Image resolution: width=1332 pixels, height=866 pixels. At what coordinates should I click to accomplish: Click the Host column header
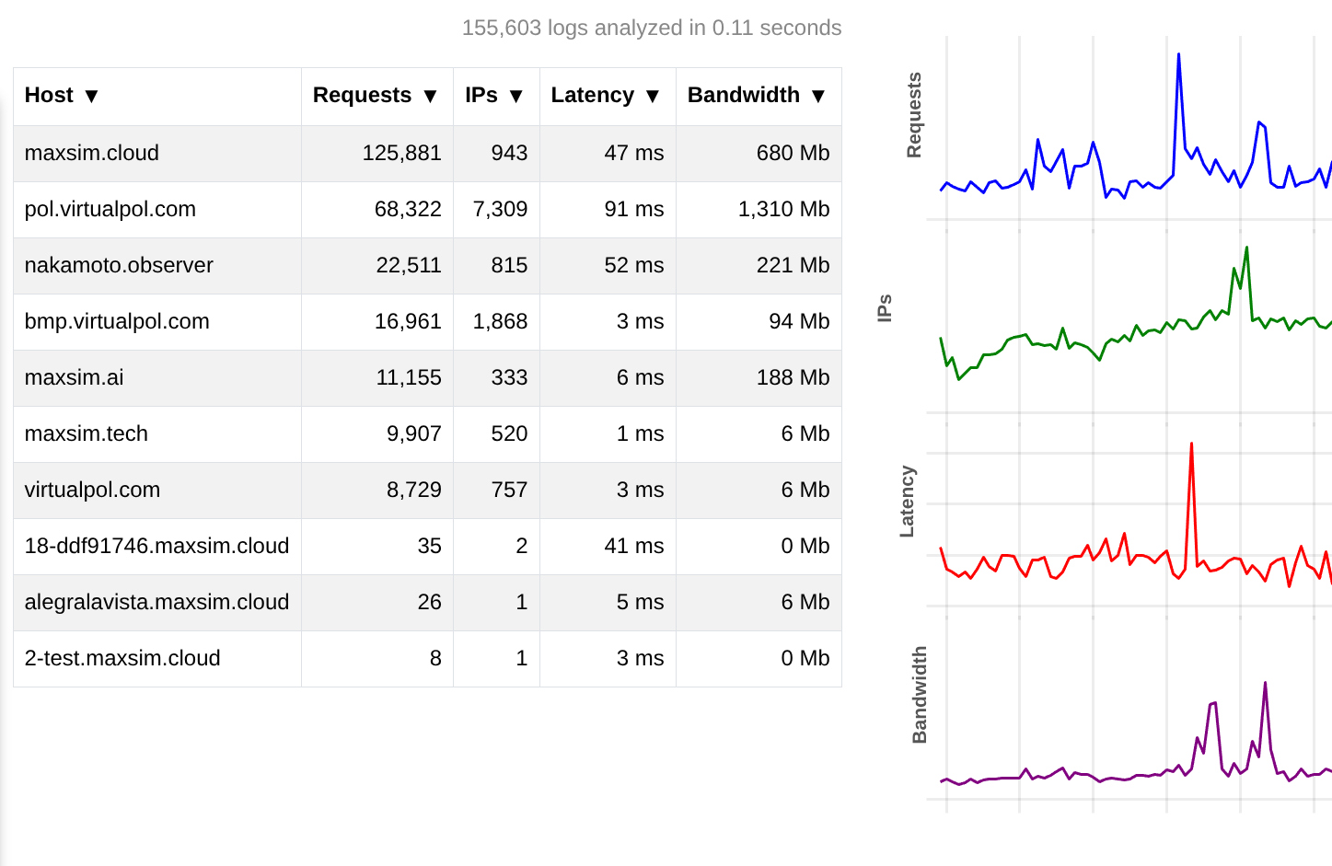[50, 96]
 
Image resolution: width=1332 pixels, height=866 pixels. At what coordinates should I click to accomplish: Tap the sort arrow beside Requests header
[430, 97]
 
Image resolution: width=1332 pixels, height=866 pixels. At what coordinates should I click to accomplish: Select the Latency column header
[592, 96]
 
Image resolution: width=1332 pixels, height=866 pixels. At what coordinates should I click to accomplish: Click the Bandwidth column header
[743, 96]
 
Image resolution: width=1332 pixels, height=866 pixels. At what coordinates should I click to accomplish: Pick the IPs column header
[481, 96]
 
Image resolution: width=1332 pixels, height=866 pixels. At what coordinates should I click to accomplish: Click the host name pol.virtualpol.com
[110, 209]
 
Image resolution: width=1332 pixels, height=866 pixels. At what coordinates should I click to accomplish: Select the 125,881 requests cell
[401, 153]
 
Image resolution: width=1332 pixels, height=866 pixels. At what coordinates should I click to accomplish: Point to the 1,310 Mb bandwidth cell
[783, 209]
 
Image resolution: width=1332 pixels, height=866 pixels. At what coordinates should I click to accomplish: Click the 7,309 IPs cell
[500, 209]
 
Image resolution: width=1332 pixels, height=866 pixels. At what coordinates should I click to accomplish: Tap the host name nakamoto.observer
[119, 265]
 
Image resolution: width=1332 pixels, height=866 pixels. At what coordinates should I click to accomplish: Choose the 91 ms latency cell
[633, 209]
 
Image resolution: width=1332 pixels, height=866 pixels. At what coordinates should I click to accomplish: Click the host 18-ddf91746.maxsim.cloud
[156, 546]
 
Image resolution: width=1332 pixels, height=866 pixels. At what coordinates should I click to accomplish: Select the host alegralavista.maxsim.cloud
[156, 602]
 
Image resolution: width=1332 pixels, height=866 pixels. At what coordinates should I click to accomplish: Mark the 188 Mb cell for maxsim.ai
[793, 377]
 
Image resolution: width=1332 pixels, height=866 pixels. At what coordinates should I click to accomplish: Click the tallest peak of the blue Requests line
[1178, 55]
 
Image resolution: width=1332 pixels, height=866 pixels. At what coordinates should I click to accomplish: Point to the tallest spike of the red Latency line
[1191, 445]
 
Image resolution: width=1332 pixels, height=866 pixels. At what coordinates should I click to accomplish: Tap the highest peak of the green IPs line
[1246, 248]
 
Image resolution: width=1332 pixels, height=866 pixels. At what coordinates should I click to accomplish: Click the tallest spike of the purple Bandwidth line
[1266, 684]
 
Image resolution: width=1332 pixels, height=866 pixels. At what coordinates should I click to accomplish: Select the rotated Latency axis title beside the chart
[907, 502]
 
